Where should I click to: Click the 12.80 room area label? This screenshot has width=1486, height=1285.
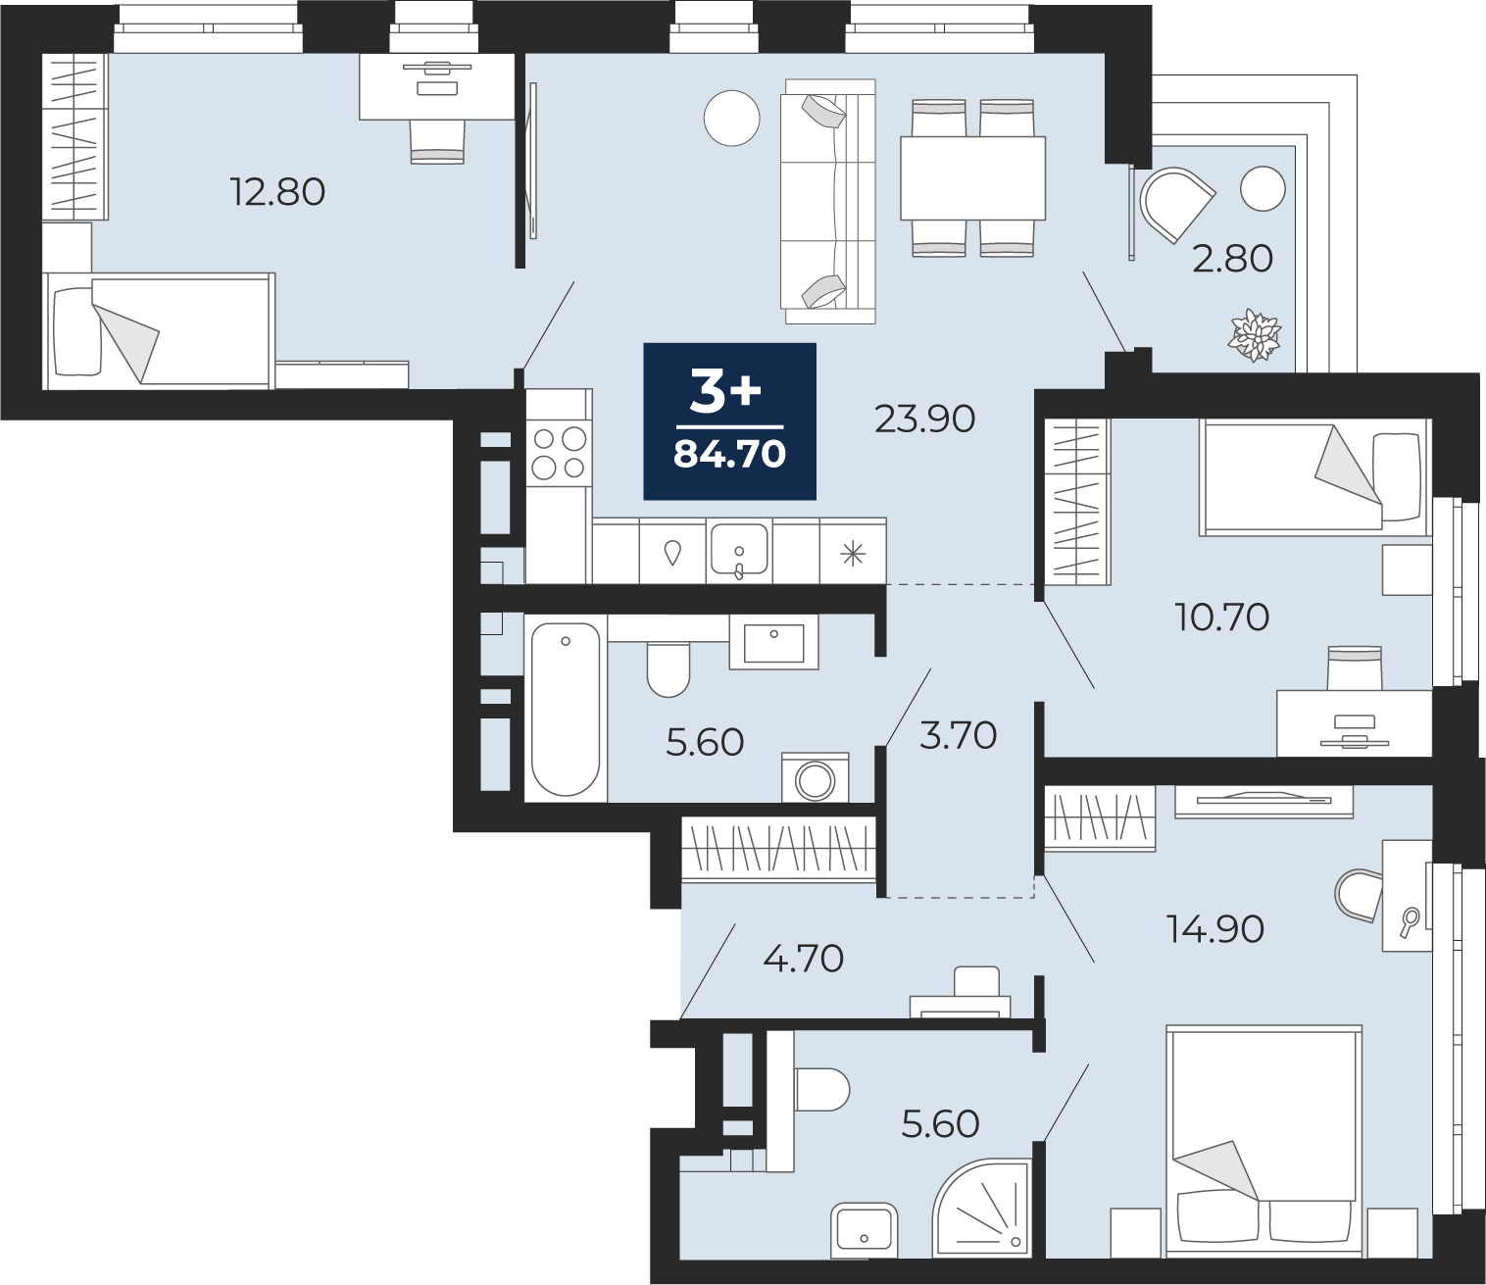click(x=277, y=192)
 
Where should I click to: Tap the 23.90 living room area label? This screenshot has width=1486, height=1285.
click(x=924, y=419)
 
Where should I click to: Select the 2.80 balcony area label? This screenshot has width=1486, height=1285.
click(x=1232, y=259)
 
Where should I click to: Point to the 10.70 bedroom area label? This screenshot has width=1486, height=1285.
click(x=1221, y=617)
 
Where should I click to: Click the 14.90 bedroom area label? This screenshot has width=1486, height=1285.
click(x=1214, y=929)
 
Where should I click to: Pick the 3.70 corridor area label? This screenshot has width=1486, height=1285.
click(x=958, y=735)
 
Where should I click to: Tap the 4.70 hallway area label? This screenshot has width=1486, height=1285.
click(x=803, y=959)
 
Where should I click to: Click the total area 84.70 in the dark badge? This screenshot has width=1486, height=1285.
click(x=729, y=455)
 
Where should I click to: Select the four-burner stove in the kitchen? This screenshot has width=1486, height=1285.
click(x=559, y=453)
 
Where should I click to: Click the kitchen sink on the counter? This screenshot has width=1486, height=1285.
click(x=739, y=551)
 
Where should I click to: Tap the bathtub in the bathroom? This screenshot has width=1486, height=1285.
click(x=566, y=709)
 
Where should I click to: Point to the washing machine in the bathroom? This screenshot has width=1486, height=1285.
click(x=816, y=777)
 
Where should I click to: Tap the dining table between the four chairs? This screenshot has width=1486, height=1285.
click(x=972, y=178)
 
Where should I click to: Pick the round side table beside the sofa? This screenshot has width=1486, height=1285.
click(x=732, y=119)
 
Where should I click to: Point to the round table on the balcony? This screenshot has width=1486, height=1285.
click(x=1263, y=188)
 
